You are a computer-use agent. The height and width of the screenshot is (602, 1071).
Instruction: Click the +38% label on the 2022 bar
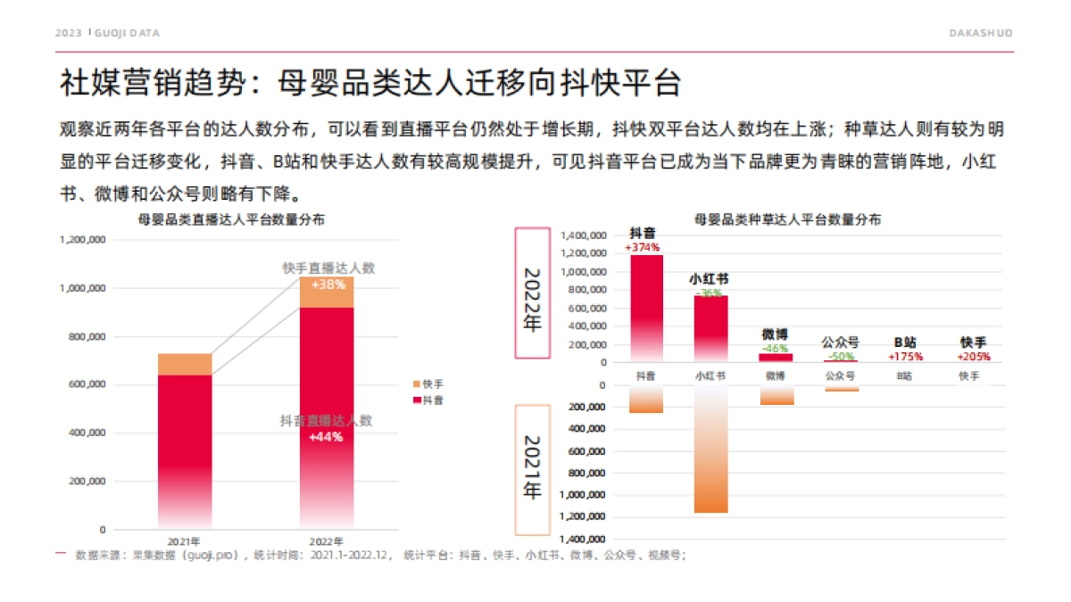(x=327, y=285)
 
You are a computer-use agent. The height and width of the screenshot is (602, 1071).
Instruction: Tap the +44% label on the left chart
(x=326, y=437)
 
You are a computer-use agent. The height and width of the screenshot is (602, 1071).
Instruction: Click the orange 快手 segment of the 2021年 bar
(x=185, y=364)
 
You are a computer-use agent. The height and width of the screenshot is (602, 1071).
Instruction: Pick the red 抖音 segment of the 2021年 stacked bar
(x=185, y=446)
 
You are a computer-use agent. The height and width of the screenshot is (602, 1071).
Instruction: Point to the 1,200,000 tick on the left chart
(x=83, y=240)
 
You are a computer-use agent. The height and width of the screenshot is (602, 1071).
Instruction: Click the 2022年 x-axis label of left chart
(x=326, y=541)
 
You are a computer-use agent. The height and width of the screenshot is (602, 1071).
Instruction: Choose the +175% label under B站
(x=905, y=356)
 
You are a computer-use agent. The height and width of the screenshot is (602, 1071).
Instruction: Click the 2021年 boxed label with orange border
(x=533, y=469)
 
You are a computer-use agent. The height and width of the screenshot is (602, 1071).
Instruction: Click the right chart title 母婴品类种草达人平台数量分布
(x=787, y=219)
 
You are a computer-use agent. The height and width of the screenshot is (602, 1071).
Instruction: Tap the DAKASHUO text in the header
(x=980, y=33)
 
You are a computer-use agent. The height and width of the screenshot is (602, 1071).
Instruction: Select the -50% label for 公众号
(x=840, y=356)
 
